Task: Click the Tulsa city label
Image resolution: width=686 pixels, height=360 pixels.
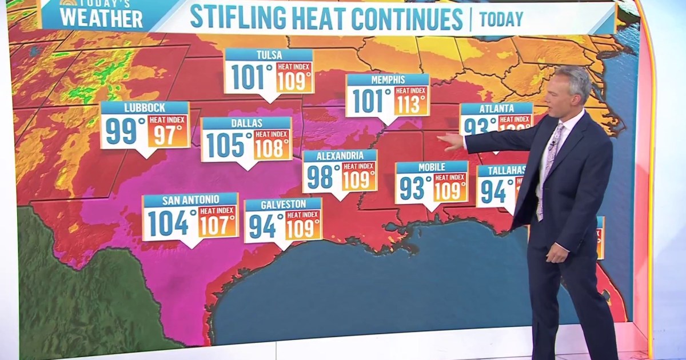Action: tap(269, 54)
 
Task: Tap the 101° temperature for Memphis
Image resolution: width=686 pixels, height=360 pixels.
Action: tap(372, 101)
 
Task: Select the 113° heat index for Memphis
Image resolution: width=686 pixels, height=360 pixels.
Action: tap(411, 105)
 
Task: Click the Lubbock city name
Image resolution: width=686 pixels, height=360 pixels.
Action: tap(144, 107)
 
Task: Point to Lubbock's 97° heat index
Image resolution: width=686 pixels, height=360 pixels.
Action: tap(169, 135)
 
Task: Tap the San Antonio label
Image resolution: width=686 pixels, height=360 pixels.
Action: tap(190, 199)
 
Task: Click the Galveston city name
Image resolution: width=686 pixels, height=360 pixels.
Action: tap(282, 204)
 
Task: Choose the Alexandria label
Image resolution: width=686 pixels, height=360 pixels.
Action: tap(340, 155)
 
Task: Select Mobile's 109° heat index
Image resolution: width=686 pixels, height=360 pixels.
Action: tap(450, 190)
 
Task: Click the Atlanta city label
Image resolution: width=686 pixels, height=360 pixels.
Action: tap(496, 109)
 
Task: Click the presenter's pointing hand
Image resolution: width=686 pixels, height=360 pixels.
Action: tap(452, 141)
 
